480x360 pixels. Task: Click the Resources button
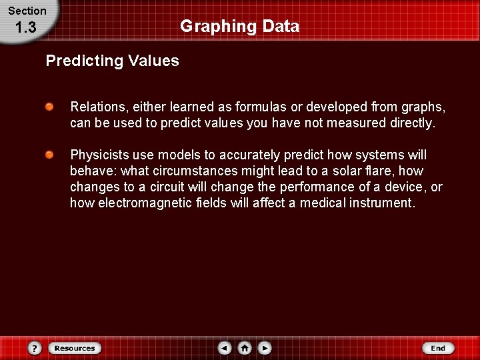pyautogui.click(x=74, y=348)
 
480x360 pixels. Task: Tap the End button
pyautogui.click(x=438, y=348)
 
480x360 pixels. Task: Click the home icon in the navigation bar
pyautogui.click(x=245, y=348)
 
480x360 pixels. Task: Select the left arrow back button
pyautogui.click(x=225, y=348)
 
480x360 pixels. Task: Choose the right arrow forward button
pyautogui.click(x=265, y=348)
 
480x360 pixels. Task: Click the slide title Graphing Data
pyautogui.click(x=239, y=27)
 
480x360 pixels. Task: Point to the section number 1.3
pyautogui.click(x=25, y=28)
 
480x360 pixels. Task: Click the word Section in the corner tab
pyautogui.click(x=27, y=11)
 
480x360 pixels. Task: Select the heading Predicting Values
pyautogui.click(x=112, y=61)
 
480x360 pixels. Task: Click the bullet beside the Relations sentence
pyautogui.click(x=50, y=107)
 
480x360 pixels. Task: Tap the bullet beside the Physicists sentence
pyautogui.click(x=50, y=155)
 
